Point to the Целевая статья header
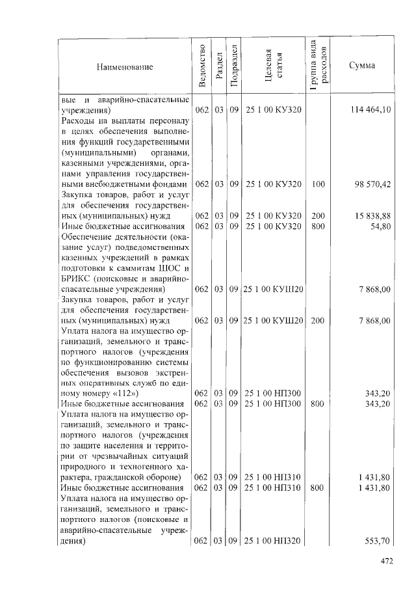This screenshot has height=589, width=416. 273,66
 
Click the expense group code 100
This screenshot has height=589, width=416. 318,184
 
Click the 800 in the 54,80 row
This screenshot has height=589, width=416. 318,226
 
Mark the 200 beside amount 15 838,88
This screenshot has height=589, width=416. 318,215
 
